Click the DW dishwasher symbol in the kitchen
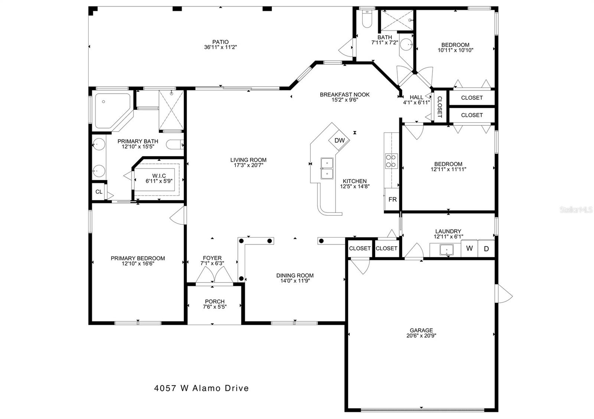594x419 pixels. (x=339, y=141)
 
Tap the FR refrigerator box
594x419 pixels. (x=392, y=199)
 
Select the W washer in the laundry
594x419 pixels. (x=469, y=248)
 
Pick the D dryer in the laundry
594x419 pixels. (x=486, y=248)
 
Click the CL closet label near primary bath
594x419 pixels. (x=99, y=191)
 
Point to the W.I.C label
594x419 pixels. (x=159, y=176)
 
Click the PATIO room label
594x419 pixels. (x=221, y=42)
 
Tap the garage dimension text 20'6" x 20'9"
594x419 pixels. (x=421, y=335)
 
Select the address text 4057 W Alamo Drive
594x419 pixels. (x=202, y=388)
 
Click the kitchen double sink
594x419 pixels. (x=327, y=168)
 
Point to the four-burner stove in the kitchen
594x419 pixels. (x=391, y=161)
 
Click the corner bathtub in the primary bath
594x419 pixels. (x=113, y=111)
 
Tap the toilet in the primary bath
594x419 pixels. (x=175, y=145)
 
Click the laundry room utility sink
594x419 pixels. (x=447, y=250)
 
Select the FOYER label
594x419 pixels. (x=212, y=258)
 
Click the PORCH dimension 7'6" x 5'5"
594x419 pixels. (x=215, y=307)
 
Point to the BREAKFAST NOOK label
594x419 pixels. (x=345, y=95)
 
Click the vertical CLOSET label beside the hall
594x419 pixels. (x=440, y=106)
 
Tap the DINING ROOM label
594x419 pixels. (x=295, y=276)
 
